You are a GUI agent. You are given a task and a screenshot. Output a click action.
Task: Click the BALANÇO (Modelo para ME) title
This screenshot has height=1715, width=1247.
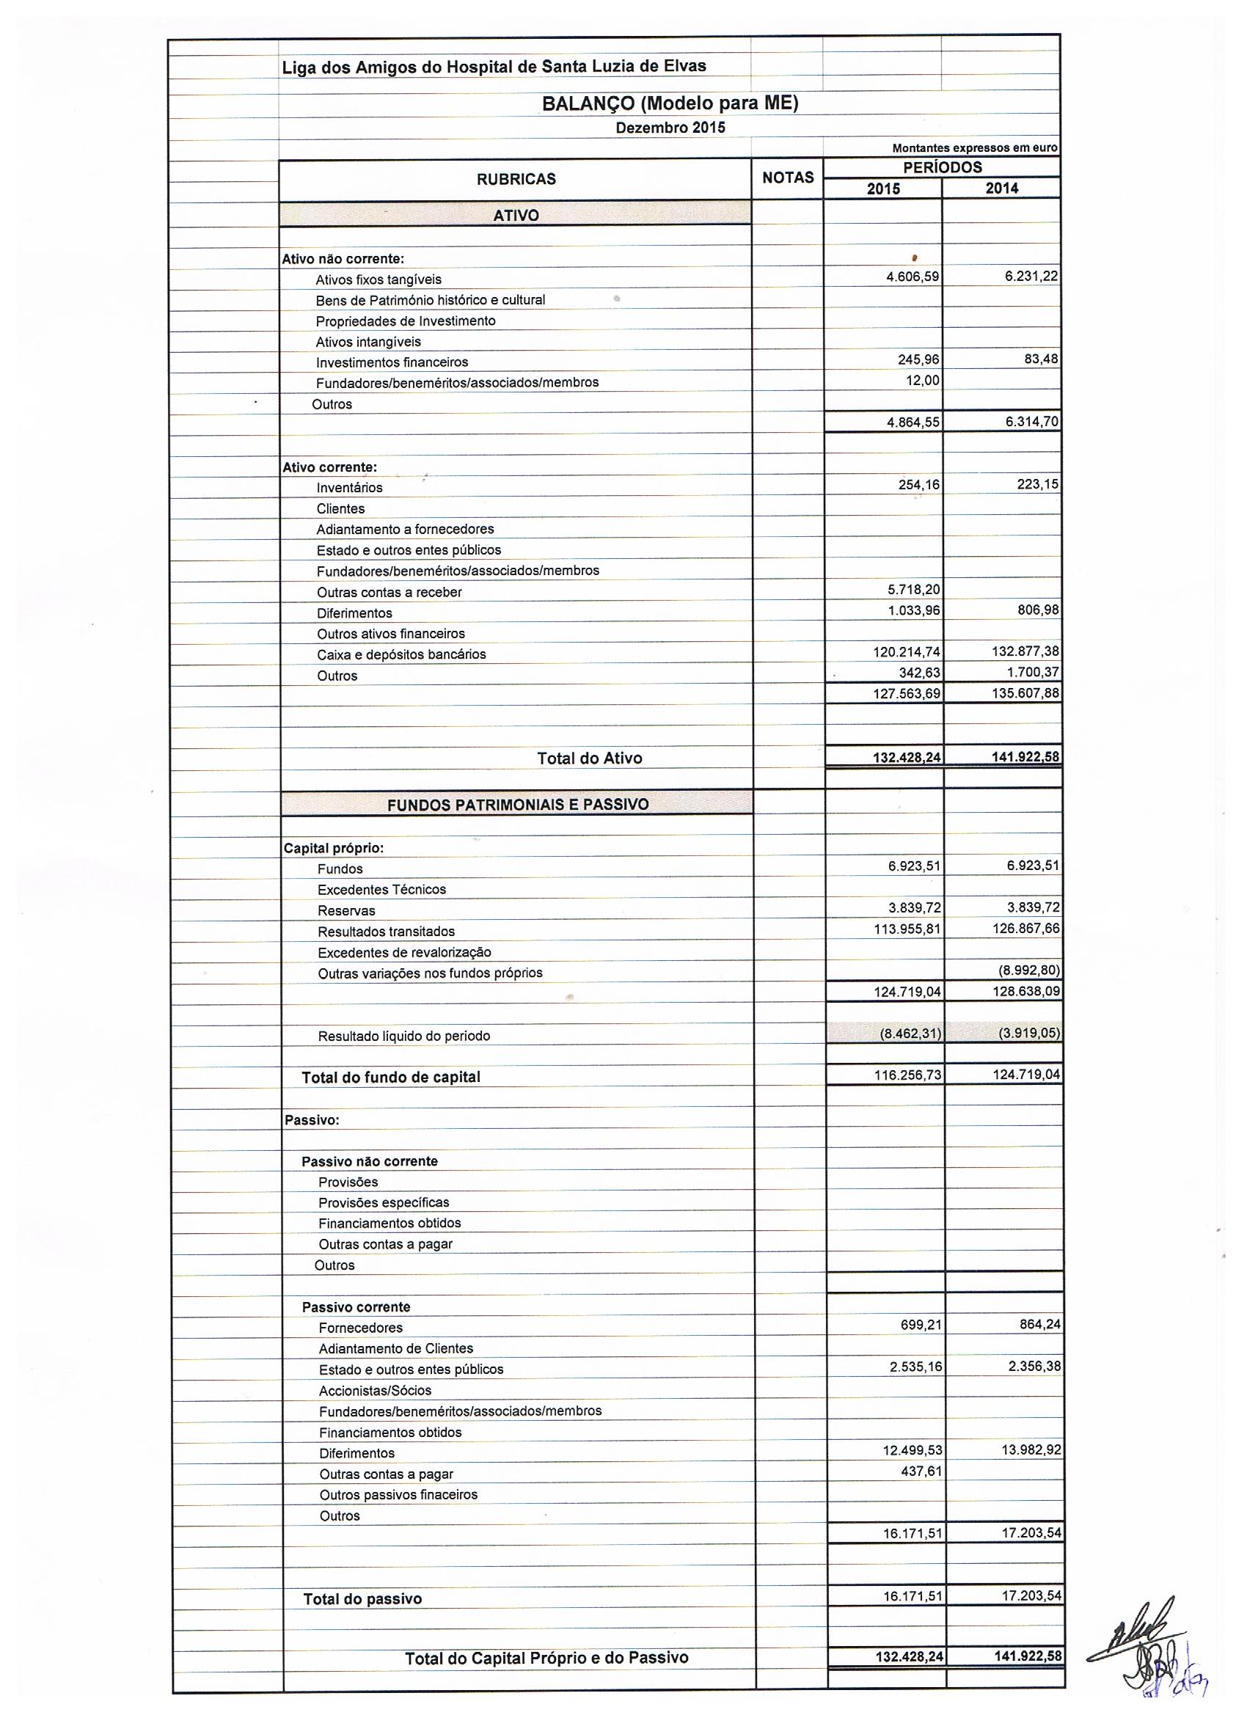point(669,103)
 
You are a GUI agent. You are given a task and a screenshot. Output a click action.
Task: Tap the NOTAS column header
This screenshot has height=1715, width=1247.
point(787,178)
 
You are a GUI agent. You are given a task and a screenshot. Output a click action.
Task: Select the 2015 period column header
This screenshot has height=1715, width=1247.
point(882,189)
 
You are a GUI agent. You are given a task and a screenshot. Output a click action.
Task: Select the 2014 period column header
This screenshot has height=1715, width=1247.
point(1001,189)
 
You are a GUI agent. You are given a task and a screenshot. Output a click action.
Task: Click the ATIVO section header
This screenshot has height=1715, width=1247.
point(516,216)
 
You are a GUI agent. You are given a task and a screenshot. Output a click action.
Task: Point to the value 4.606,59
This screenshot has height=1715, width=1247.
point(912,277)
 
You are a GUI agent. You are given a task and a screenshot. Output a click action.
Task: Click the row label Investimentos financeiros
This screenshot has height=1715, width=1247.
point(392,362)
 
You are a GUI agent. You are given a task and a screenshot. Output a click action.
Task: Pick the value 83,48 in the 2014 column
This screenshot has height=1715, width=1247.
point(1041,359)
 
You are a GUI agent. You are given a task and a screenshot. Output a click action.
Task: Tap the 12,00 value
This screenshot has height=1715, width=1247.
point(923,381)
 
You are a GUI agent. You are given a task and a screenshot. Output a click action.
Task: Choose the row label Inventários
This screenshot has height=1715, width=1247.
point(349,488)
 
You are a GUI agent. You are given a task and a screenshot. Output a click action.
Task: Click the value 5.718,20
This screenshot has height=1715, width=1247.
point(913,589)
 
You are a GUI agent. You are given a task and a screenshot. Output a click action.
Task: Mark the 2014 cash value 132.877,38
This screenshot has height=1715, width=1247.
point(1025,651)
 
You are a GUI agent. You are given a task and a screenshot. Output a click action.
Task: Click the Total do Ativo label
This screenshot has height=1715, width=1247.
point(589,758)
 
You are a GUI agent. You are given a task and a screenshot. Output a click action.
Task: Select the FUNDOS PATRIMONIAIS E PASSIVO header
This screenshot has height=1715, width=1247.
point(517,805)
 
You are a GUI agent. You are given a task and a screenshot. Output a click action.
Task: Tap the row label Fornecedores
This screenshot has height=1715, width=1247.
point(361,1327)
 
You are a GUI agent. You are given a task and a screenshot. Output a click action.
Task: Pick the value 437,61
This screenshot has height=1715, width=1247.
point(922,1471)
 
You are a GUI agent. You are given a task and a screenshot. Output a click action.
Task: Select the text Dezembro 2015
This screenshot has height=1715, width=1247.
point(670,128)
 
